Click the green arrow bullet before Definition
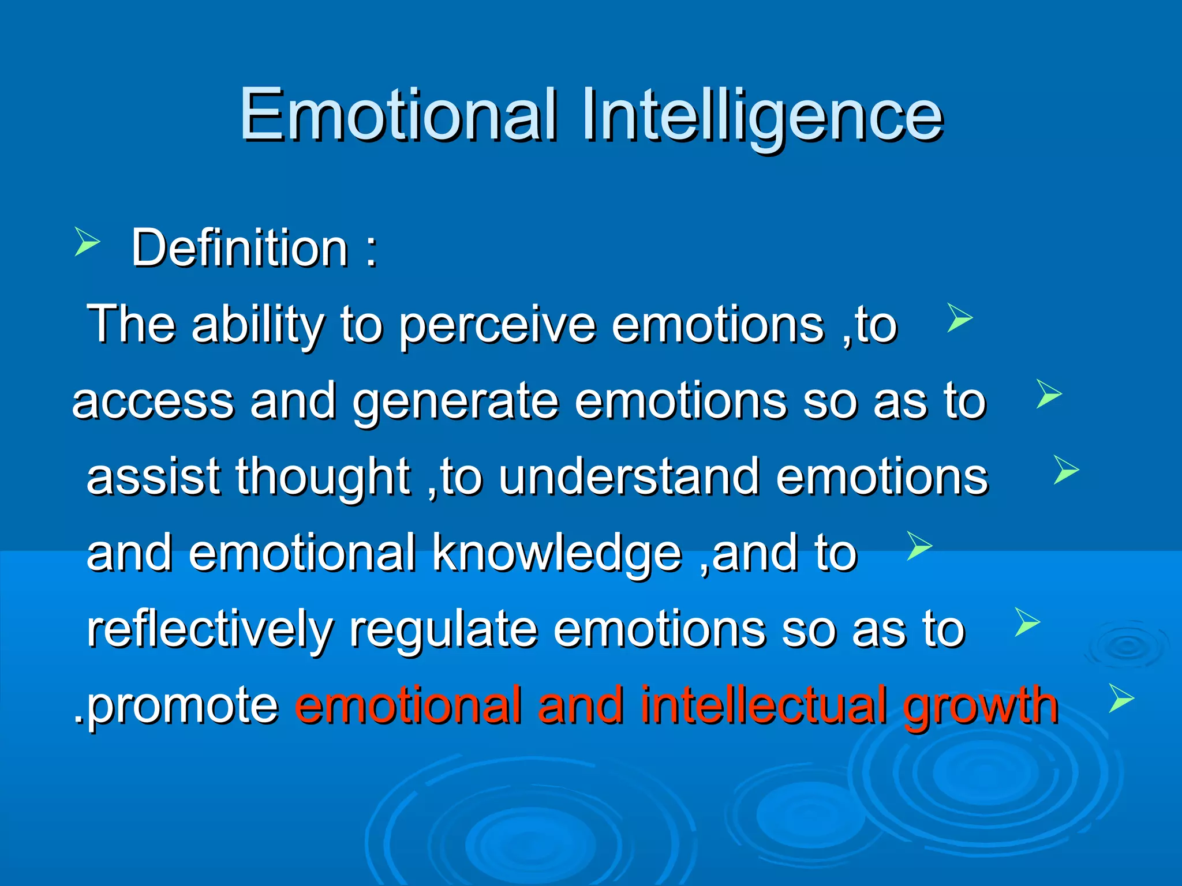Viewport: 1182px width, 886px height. point(87,241)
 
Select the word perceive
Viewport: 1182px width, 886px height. point(497,326)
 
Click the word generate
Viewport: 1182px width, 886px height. point(455,403)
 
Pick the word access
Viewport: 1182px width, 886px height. point(153,403)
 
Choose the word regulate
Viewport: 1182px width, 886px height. point(443,630)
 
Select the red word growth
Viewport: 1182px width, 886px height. point(981,706)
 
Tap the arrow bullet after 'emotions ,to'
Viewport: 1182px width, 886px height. point(960,318)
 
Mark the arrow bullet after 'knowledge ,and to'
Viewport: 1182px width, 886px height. point(919,546)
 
